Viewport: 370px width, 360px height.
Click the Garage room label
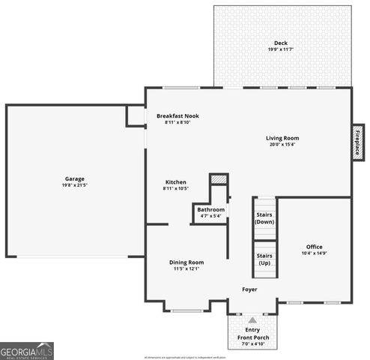(x=74, y=178)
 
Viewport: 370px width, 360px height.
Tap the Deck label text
(x=281, y=43)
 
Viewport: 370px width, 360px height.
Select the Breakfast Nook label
(x=178, y=116)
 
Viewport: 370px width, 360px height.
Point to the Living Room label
(x=282, y=138)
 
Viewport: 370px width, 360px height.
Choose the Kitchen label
(x=176, y=182)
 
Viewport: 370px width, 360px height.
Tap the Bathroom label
(x=211, y=209)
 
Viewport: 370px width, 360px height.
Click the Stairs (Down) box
(x=264, y=218)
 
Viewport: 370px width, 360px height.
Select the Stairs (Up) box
(x=264, y=259)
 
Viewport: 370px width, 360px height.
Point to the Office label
(x=315, y=247)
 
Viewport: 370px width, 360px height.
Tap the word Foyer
(x=249, y=289)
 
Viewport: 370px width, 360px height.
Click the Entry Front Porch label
(x=253, y=334)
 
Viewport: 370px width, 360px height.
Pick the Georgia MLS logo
(x=27, y=350)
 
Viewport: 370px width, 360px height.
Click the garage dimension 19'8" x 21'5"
(x=74, y=185)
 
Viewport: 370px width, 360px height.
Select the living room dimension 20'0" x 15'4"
(x=282, y=145)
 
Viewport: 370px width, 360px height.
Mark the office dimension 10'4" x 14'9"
(x=315, y=253)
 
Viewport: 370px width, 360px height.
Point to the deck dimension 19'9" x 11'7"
(x=281, y=49)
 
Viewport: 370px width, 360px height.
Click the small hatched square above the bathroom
(x=217, y=180)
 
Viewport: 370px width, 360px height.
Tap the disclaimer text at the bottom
(x=184, y=357)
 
